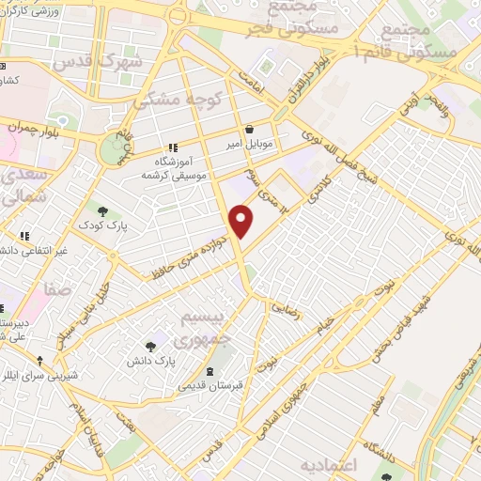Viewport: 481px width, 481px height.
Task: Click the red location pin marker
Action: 242,221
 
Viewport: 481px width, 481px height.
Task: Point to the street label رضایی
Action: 284,306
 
